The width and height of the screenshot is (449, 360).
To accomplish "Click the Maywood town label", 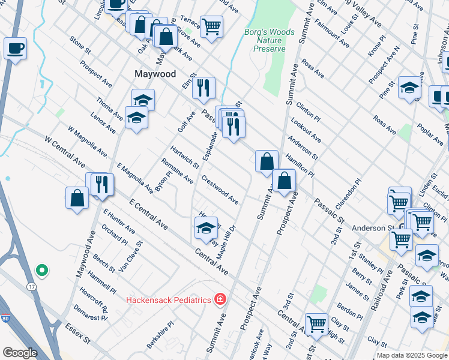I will pyautogui.click(x=155, y=74).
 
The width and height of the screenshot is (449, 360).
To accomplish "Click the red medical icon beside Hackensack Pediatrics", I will pyautogui.click(x=220, y=299).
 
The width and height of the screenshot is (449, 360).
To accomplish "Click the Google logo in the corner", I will pyautogui.click(x=20, y=353).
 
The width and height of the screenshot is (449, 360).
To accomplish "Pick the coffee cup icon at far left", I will pyautogui.click(x=15, y=48).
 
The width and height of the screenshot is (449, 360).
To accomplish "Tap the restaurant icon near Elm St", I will pyautogui.click(x=203, y=88).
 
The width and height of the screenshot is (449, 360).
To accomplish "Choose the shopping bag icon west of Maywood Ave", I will pyautogui.click(x=77, y=198).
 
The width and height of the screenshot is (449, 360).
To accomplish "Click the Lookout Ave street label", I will pyautogui.click(x=306, y=130).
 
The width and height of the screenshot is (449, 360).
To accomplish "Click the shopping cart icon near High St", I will pyautogui.click(x=316, y=325).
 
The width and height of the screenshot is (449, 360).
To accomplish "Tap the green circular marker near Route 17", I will pyautogui.click(x=41, y=271).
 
